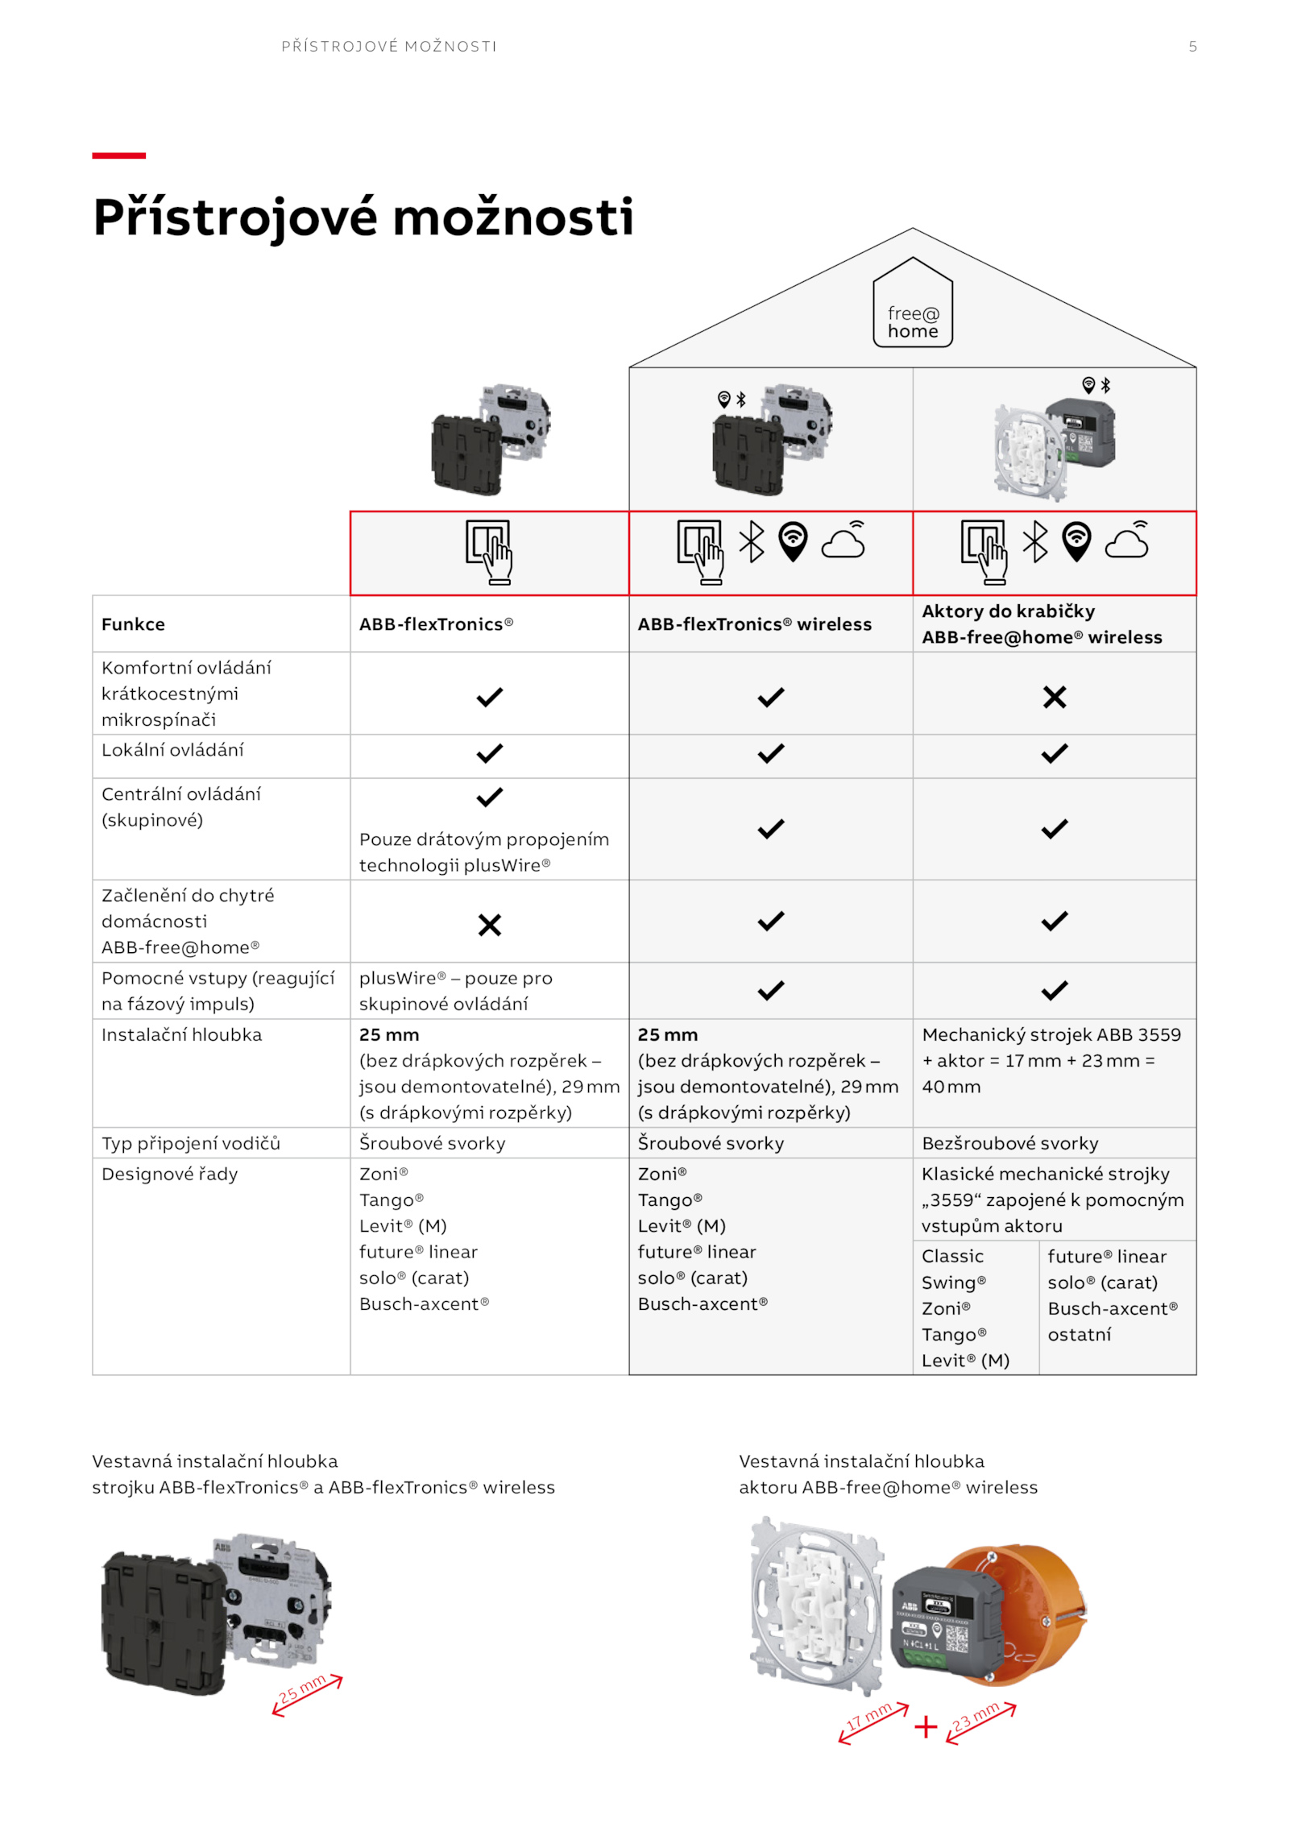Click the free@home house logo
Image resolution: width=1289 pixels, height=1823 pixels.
click(912, 303)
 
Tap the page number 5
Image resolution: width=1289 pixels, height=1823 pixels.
click(1192, 47)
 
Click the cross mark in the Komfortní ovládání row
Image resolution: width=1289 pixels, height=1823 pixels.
click(1054, 697)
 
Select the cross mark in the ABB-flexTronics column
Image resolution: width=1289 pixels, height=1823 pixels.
click(489, 925)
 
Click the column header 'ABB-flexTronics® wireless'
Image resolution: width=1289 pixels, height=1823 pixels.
click(754, 624)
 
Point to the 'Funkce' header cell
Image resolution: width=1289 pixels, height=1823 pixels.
click(133, 624)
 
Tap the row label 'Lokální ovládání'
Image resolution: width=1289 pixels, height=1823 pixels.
click(172, 751)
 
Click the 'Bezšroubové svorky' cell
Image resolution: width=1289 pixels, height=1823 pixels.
click(1009, 1143)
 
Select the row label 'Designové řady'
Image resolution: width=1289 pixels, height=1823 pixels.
click(169, 1174)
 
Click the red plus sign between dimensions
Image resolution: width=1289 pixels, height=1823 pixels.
click(926, 1726)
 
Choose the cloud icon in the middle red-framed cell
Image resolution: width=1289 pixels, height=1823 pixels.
click(843, 541)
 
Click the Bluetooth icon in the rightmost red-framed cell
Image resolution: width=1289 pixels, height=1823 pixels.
click(1035, 541)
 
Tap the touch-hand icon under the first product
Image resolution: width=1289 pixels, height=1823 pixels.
click(489, 552)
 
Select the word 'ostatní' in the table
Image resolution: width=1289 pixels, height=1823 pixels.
click(1079, 1335)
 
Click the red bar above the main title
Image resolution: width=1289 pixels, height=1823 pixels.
click(118, 155)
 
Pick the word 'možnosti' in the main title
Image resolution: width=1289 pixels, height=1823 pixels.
click(513, 218)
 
